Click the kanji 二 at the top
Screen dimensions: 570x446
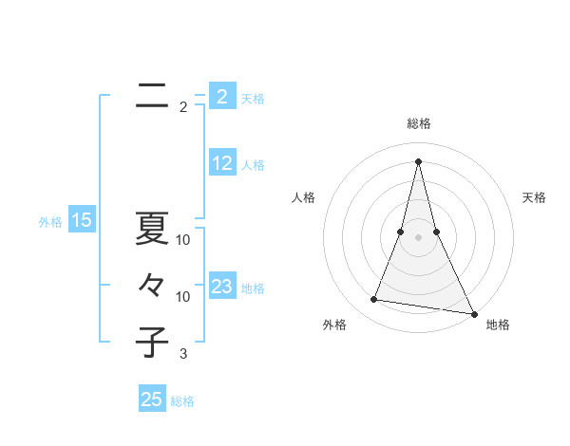(152, 97)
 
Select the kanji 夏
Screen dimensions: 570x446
(152, 229)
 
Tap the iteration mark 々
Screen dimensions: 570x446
(152, 285)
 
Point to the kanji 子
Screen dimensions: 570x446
(152, 343)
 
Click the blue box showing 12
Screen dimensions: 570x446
(222, 163)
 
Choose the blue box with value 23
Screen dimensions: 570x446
(222, 287)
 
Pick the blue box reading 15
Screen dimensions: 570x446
(82, 221)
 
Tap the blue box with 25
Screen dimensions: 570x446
(152, 400)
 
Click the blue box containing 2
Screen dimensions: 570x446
(222, 97)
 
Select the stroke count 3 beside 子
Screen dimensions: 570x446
(183, 354)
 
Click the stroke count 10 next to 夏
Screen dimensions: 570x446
(183, 240)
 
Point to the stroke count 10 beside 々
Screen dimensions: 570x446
(183, 297)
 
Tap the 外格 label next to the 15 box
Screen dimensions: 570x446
(50, 222)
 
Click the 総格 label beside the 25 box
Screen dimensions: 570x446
(182, 401)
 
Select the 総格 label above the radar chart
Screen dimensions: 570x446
(419, 123)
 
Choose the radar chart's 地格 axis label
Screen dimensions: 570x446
(498, 325)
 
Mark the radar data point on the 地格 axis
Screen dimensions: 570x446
(473, 314)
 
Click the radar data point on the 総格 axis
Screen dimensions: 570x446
(418, 160)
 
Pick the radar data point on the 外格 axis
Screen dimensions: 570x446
(374, 300)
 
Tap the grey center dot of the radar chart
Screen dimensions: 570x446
(418, 236)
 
